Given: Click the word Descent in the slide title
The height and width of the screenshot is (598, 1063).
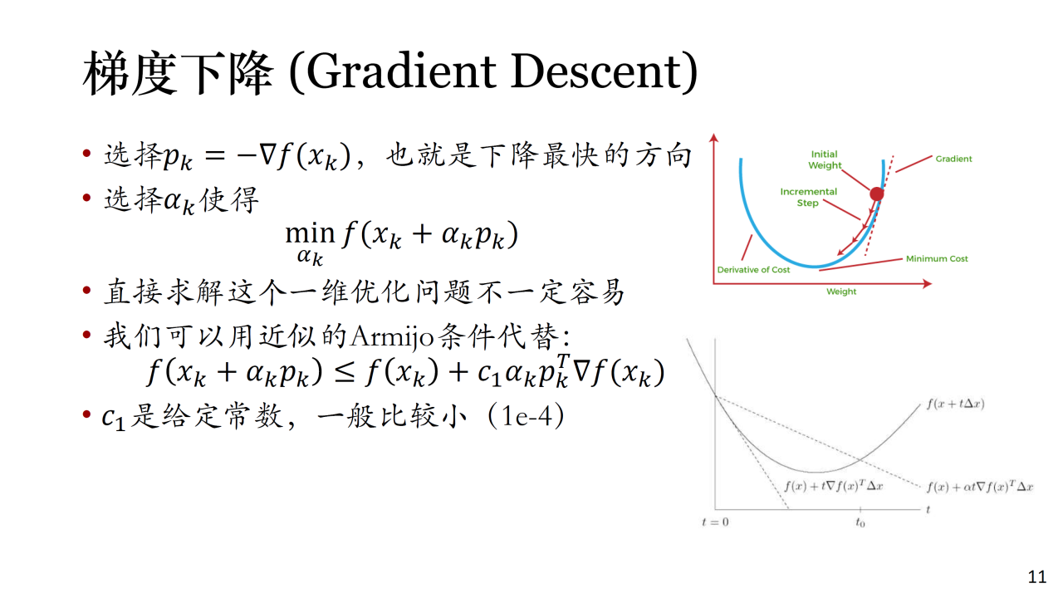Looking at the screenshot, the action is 596,71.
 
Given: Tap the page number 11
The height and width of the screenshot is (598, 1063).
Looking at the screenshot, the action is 1037,576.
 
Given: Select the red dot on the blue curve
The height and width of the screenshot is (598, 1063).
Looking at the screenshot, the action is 876,194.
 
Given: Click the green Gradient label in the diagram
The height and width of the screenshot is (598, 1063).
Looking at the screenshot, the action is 953,159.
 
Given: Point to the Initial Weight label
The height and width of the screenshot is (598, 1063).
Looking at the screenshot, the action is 825,160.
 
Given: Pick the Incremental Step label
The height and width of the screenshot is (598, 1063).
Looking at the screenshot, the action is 808,197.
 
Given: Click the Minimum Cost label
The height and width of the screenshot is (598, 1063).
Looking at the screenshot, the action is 937,258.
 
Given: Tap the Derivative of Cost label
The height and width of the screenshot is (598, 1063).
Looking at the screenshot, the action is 753,270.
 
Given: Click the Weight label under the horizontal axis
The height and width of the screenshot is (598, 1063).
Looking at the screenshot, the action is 841,292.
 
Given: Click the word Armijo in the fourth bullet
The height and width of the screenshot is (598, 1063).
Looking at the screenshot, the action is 393,337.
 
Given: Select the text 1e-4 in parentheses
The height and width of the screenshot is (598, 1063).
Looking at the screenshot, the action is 526,417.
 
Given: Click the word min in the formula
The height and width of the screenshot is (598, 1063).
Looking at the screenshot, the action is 310,233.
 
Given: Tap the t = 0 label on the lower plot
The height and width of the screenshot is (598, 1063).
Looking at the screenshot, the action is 715,522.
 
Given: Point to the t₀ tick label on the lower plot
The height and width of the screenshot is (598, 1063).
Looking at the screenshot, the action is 860,522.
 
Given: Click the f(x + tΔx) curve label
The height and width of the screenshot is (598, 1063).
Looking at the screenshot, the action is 955,404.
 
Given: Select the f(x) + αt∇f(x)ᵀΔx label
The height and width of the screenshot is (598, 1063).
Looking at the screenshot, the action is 980,487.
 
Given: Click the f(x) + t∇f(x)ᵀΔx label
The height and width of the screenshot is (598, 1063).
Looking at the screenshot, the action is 833,486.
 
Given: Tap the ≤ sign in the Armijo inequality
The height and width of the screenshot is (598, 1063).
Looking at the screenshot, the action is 344,373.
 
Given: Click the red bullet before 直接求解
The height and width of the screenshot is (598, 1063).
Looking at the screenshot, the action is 86,290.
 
